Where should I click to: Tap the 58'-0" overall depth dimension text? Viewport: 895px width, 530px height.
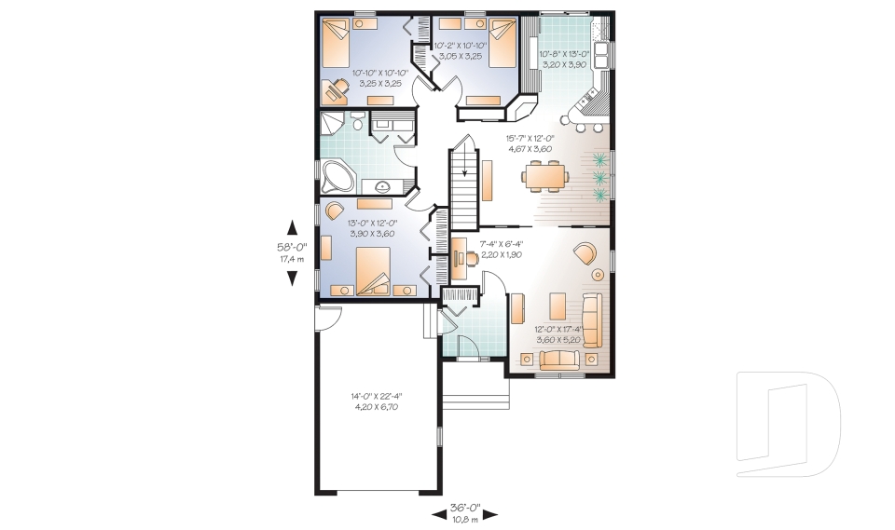[292, 247]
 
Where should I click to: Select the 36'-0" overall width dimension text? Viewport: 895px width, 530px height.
[465, 508]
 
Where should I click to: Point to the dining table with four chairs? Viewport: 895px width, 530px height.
[544, 173]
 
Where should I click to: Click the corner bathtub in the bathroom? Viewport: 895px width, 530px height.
[337, 175]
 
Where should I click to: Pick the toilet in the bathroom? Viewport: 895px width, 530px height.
[357, 121]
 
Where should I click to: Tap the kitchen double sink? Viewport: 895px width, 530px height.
[601, 55]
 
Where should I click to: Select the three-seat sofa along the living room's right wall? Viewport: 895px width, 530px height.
[592, 320]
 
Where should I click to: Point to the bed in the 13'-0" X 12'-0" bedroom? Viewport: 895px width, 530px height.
[373, 271]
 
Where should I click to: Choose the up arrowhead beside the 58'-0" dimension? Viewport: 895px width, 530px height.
[292, 227]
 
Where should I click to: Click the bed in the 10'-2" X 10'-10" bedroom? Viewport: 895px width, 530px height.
[503, 43]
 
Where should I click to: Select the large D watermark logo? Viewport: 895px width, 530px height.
[789, 424]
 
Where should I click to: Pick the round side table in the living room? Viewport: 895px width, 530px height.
[598, 275]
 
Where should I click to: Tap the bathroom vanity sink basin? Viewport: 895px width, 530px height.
[382, 184]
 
